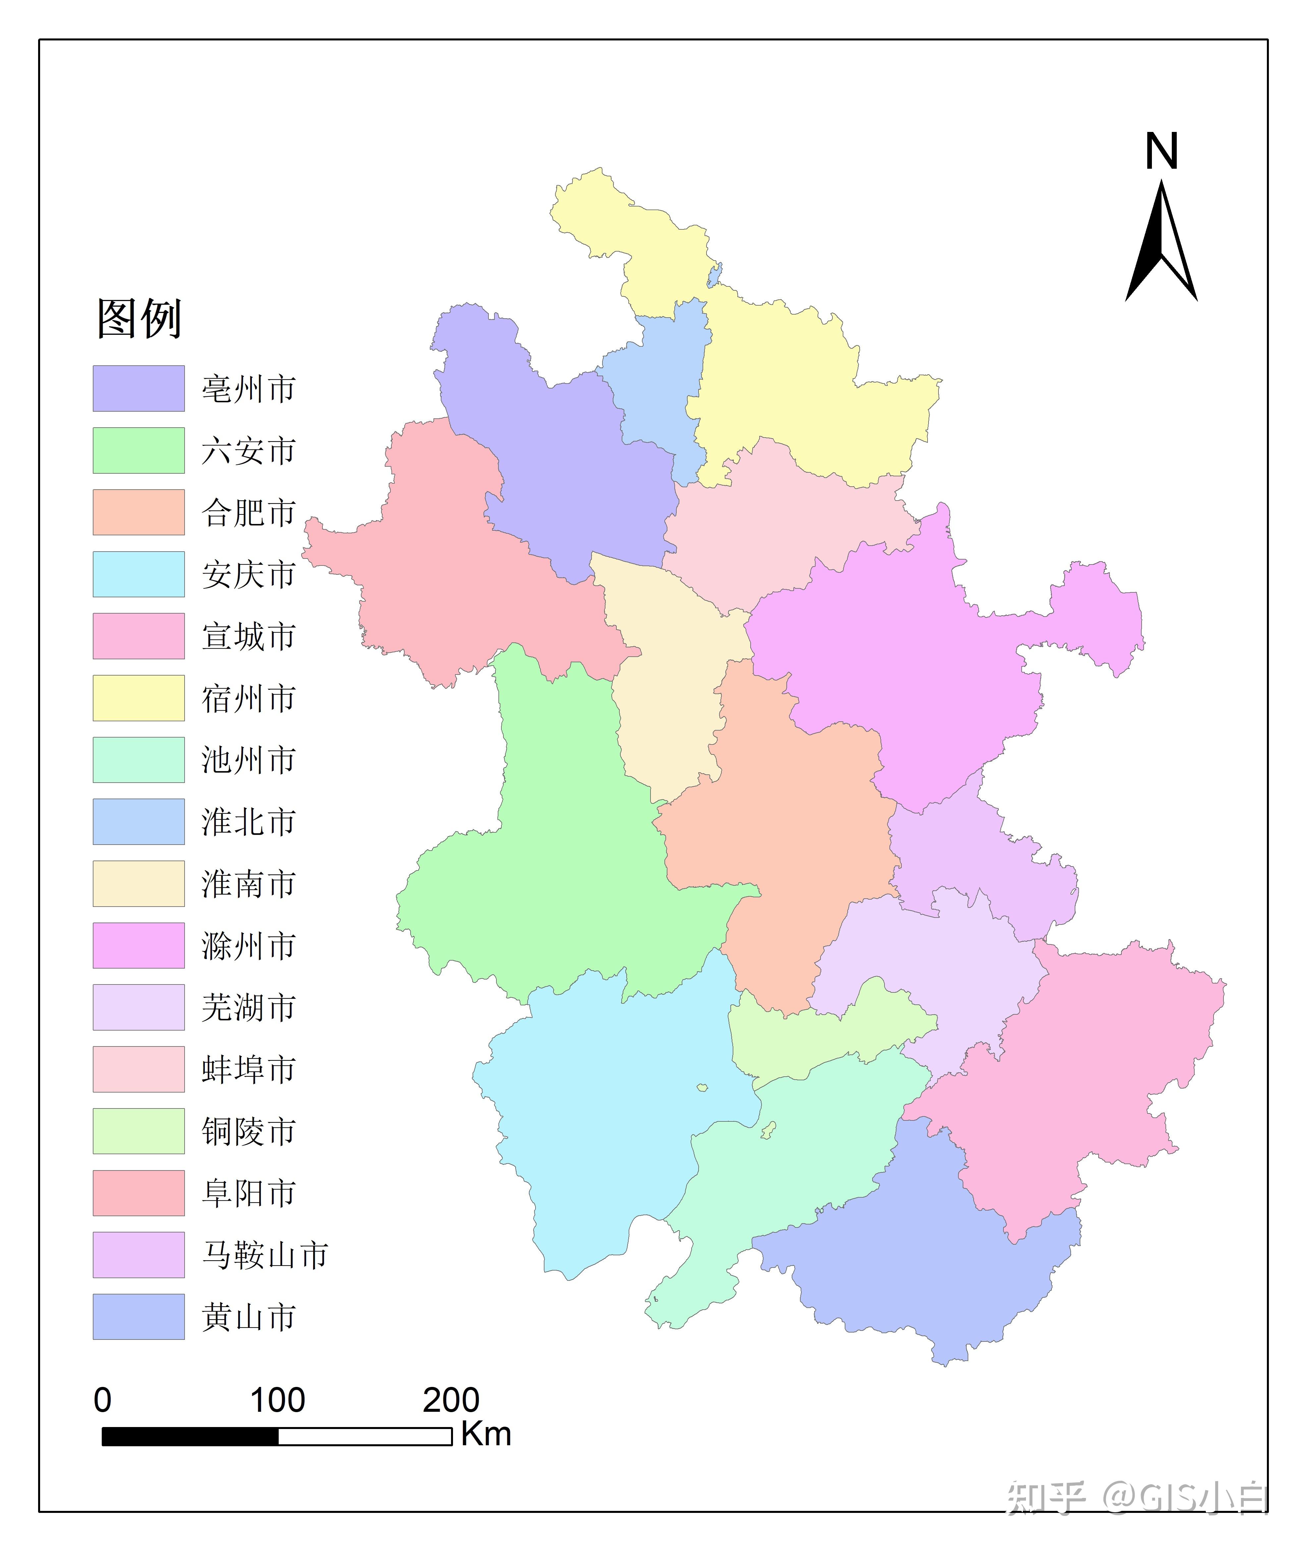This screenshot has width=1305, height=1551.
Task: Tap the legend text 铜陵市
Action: (249, 1131)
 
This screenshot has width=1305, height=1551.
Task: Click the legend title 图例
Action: (139, 319)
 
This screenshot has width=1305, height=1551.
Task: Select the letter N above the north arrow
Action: (1161, 152)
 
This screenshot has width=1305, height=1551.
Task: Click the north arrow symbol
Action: (1161, 244)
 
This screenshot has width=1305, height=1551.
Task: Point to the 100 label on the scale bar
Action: (277, 1399)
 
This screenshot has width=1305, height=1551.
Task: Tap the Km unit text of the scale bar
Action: (486, 1433)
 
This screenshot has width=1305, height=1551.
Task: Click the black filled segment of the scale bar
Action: (190, 1436)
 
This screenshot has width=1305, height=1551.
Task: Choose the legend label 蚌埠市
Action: (249, 1069)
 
